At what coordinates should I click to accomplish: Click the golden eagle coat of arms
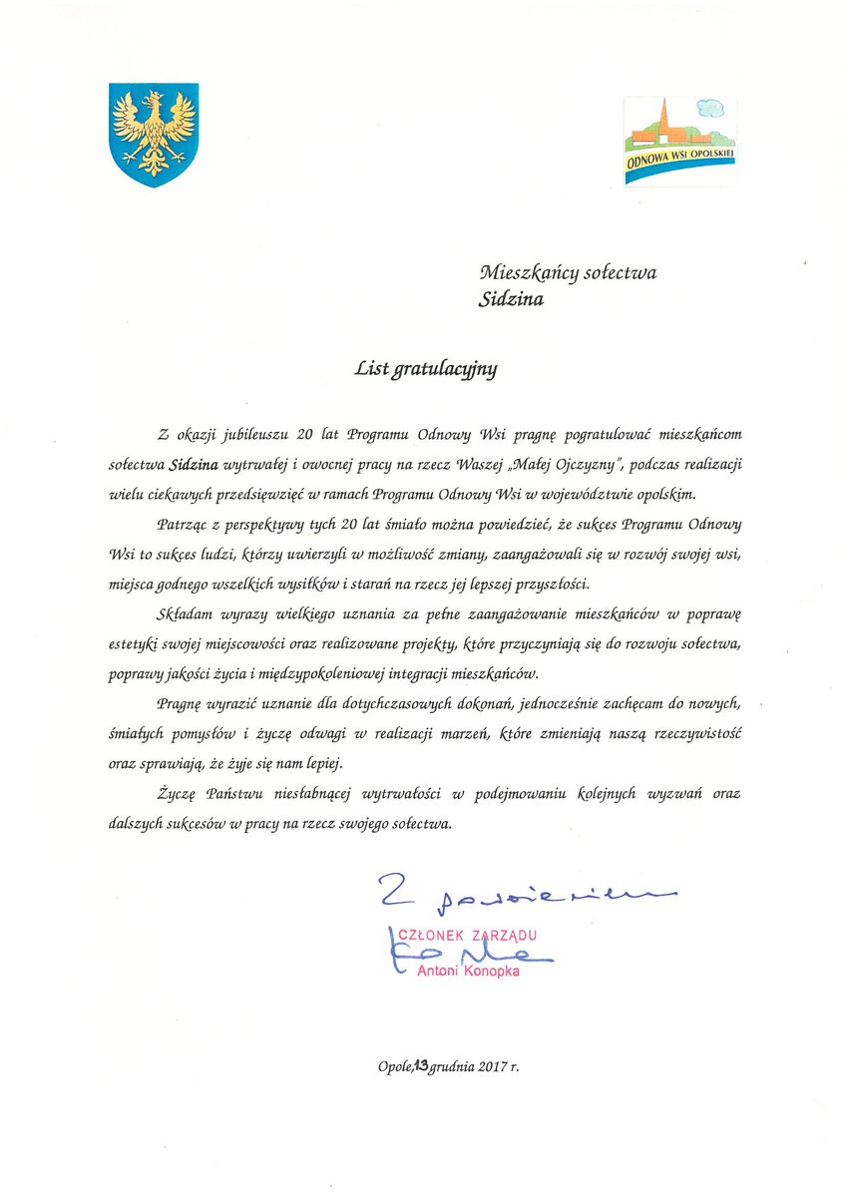click(x=153, y=134)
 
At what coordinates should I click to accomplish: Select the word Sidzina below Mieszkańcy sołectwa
click(x=511, y=299)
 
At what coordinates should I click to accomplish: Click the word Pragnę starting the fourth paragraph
click(x=181, y=704)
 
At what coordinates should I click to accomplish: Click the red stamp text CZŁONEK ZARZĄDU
click(x=468, y=935)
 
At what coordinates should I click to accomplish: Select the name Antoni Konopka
click(x=475, y=971)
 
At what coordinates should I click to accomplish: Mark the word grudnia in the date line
click(x=451, y=1066)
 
